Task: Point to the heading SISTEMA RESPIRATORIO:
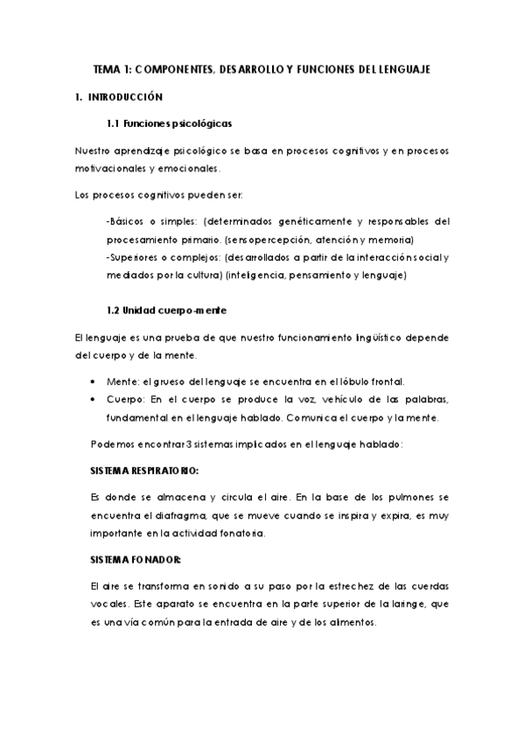[144, 470]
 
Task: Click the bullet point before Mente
[94, 382]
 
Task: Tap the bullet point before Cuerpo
[94, 400]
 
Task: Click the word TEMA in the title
[108, 68]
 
